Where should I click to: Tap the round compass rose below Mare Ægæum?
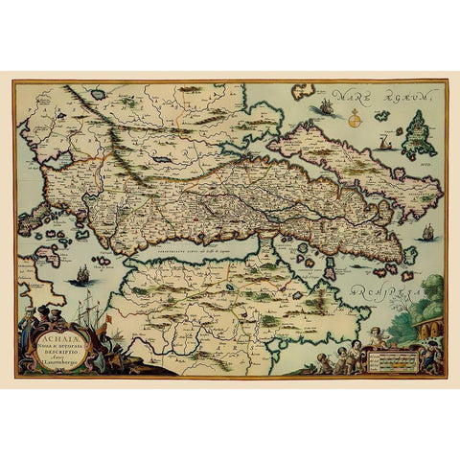(x=352, y=120)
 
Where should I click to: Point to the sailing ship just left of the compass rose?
(x=327, y=106)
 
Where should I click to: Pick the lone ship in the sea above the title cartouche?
(x=82, y=274)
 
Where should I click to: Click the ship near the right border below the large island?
(x=427, y=232)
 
